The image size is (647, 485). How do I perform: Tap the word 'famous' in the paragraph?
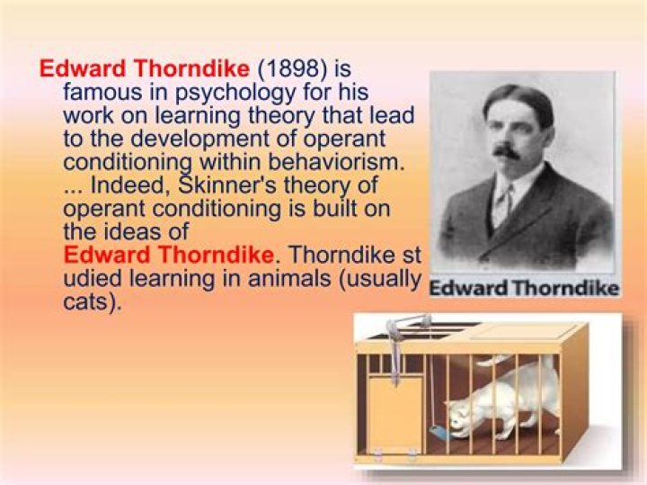coord(96,92)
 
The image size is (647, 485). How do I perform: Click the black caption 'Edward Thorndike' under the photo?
coord(524,289)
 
